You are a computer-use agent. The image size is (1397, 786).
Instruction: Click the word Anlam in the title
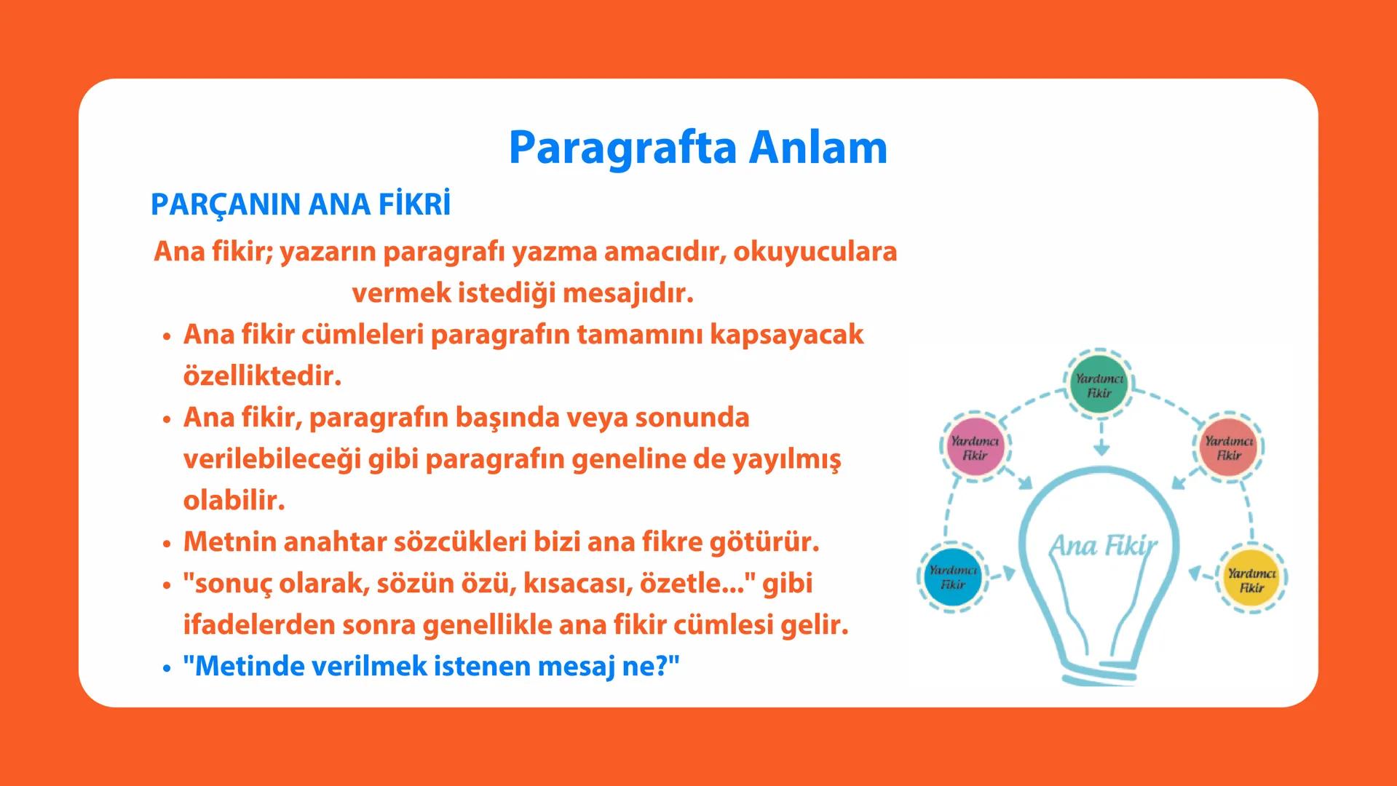coord(818,148)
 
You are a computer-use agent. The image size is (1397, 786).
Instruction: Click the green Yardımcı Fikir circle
coord(1099,386)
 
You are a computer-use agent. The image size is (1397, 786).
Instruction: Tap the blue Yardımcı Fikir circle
coord(953,576)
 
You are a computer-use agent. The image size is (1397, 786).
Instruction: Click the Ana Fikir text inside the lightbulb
coord(1102,545)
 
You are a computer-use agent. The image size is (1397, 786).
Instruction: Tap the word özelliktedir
coord(262,376)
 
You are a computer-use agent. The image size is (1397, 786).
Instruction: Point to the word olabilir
coord(234,501)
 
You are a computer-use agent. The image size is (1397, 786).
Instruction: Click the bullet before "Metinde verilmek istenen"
coord(167,667)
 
